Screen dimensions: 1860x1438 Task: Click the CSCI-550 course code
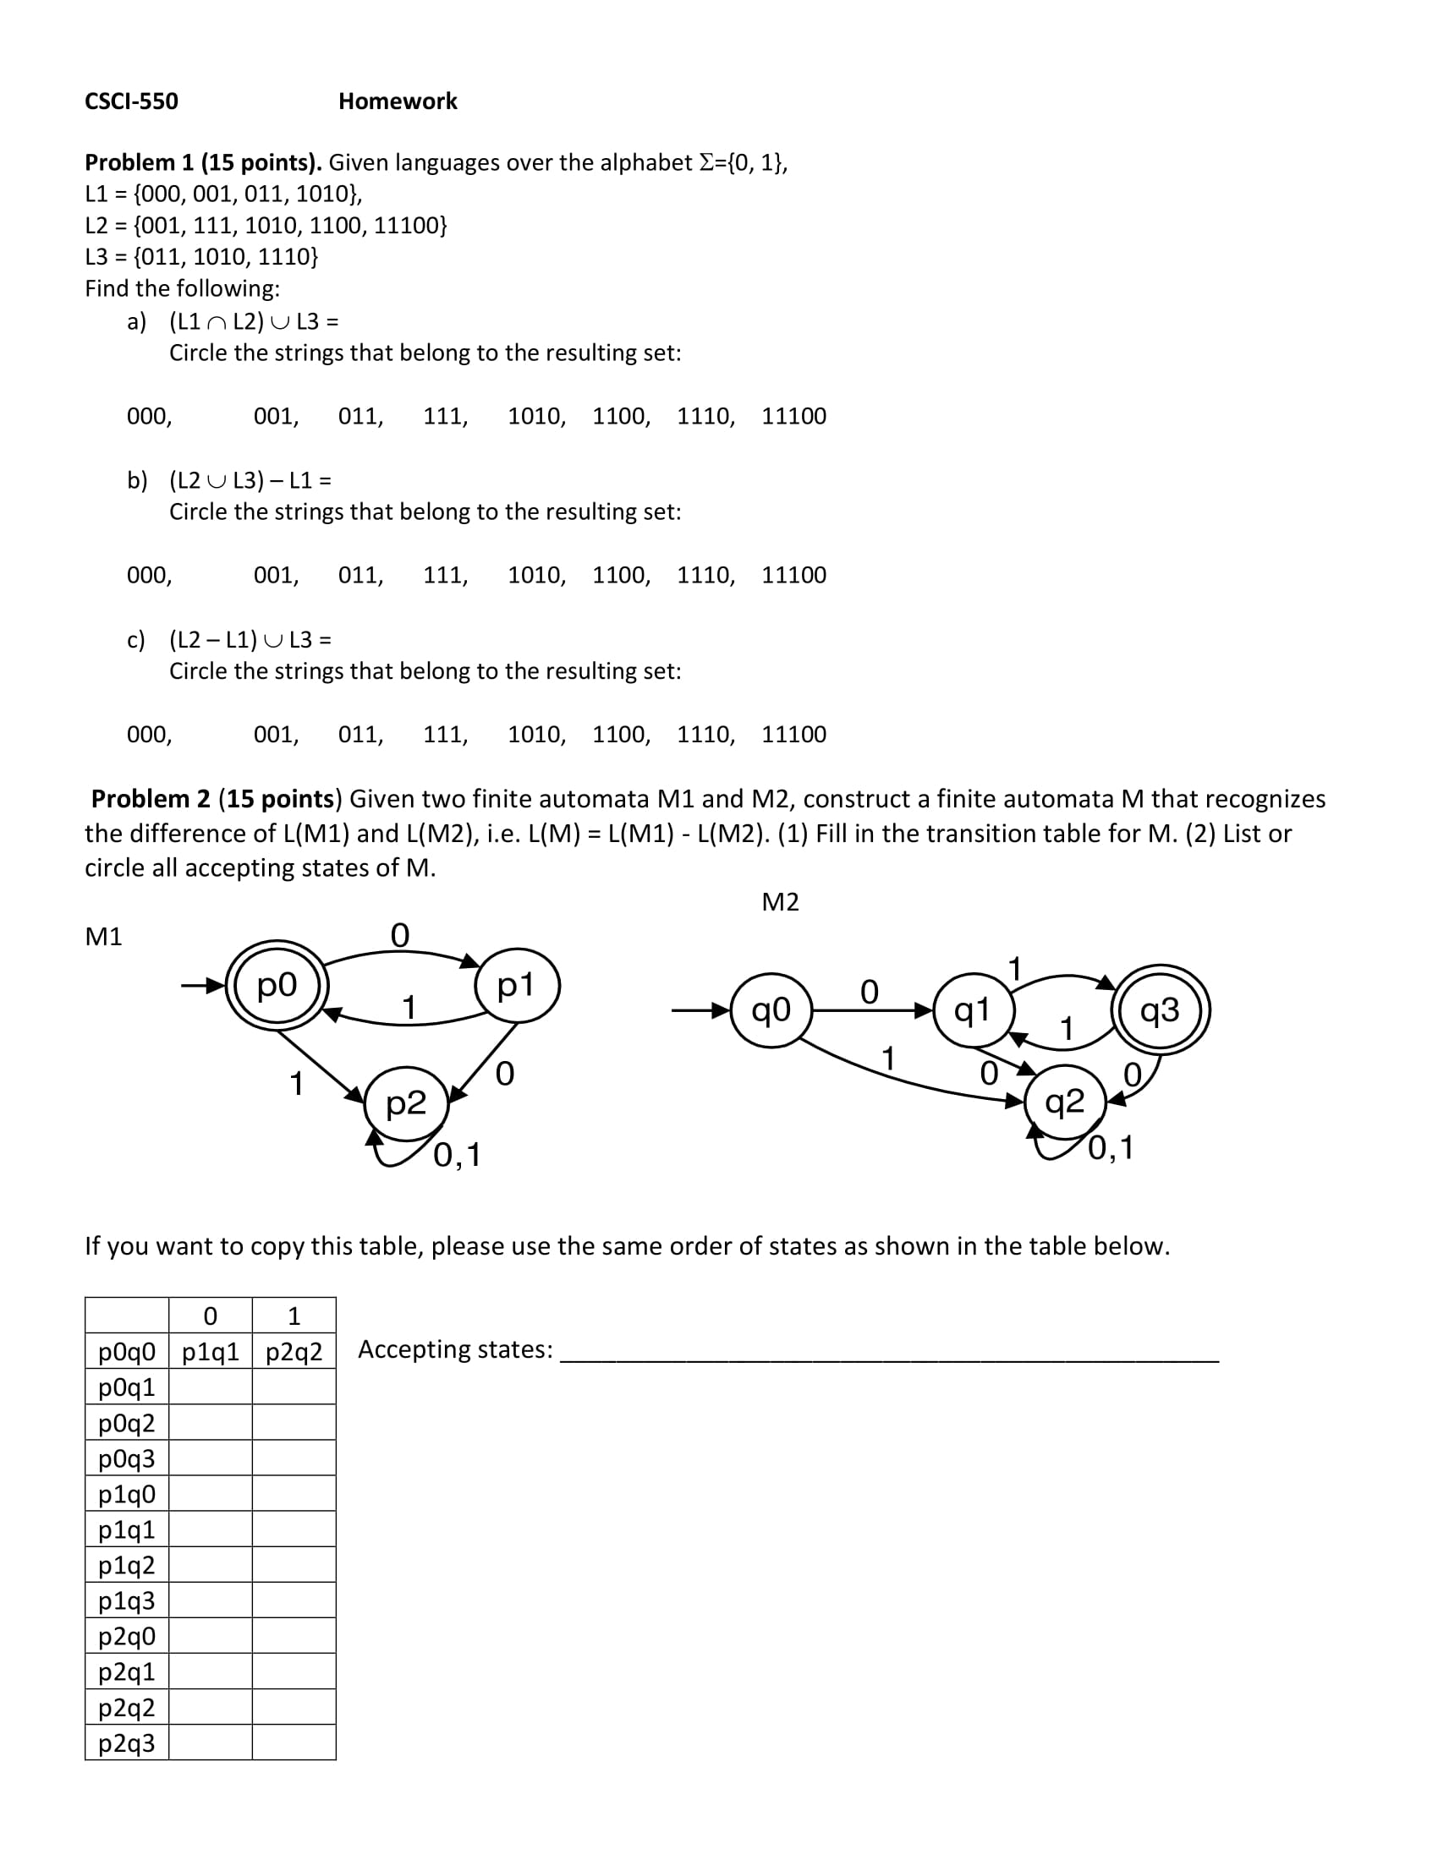click(x=131, y=101)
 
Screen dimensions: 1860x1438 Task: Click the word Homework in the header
click(x=397, y=101)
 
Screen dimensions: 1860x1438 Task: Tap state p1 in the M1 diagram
click(x=516, y=985)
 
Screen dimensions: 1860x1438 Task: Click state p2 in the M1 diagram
click(x=405, y=1103)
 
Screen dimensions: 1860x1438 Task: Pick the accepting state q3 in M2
click(x=1161, y=1010)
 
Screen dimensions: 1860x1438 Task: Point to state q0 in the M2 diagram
click(x=771, y=1010)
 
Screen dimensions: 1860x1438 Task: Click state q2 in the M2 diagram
click(x=1065, y=1102)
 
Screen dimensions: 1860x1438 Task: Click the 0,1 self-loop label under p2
click(x=457, y=1155)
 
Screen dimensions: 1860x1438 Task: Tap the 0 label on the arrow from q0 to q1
click(x=869, y=992)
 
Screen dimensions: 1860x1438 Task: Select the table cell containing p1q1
click(x=211, y=1352)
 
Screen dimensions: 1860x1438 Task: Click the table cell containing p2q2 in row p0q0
click(x=294, y=1352)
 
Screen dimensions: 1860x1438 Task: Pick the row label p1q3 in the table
click(x=127, y=1601)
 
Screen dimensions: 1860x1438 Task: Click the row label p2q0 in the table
click(x=127, y=1637)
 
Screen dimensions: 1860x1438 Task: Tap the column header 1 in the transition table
click(x=294, y=1316)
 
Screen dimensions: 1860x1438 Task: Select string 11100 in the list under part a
click(x=793, y=416)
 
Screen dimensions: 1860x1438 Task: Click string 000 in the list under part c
click(x=148, y=734)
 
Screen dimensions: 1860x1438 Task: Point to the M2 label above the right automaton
click(x=780, y=902)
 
